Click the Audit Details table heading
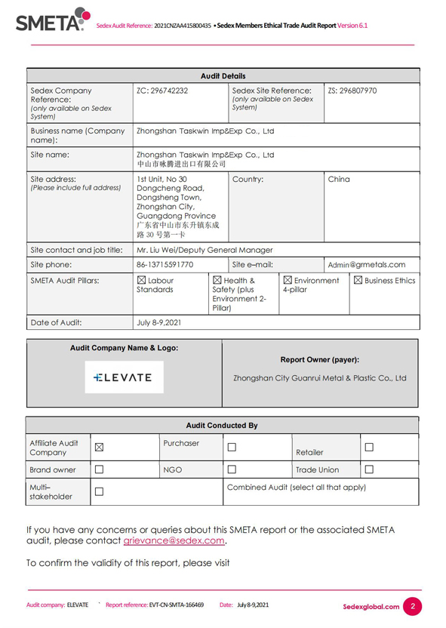223,76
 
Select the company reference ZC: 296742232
162,91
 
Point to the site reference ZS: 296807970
352,91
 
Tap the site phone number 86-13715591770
165,265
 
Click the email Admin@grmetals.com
367,265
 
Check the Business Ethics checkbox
358,281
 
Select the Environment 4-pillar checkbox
288,281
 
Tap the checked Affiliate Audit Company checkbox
99,448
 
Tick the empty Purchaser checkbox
232,448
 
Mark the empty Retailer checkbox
370,448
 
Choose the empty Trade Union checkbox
370,469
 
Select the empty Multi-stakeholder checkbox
99,491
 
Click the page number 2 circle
413,606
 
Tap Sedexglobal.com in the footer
371,606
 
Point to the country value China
340,180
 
